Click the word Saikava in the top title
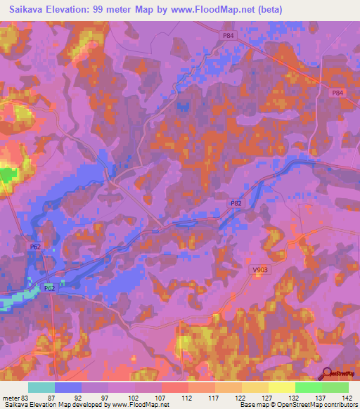[22, 10]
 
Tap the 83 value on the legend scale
[27, 397]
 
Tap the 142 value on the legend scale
[347, 397]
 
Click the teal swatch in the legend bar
[41, 387]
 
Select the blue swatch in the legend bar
[68, 387]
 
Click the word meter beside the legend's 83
[11, 397]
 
